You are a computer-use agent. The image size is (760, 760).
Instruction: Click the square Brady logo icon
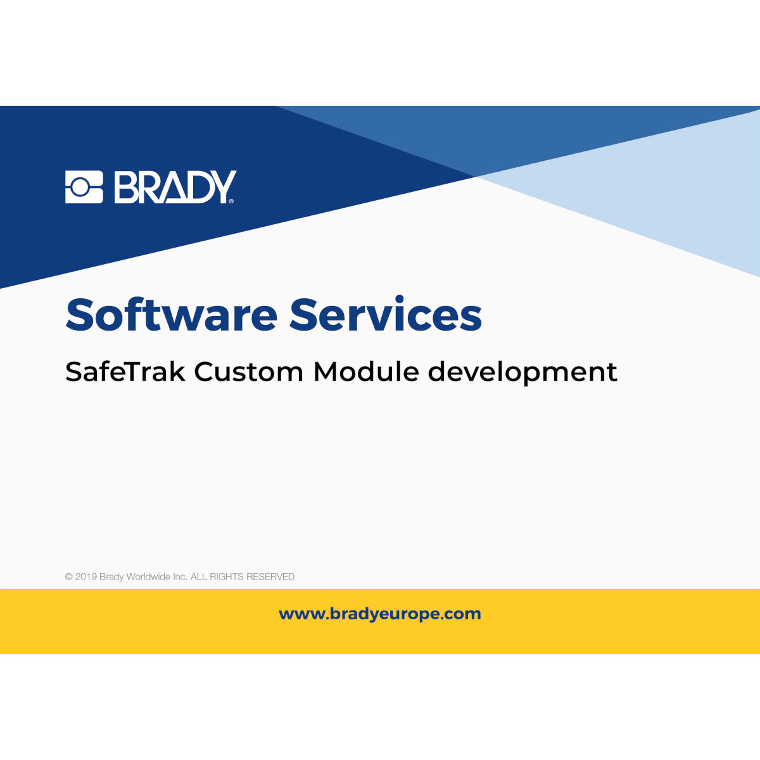[84, 187]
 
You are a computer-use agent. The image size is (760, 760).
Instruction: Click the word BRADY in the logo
[174, 187]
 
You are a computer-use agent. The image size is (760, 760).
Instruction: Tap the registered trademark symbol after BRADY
[231, 201]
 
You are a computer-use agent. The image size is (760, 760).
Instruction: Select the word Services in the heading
[386, 315]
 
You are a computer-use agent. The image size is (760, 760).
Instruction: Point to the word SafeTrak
[125, 371]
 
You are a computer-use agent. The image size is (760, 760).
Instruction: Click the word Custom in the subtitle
[249, 371]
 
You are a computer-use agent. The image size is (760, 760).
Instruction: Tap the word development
[522, 372]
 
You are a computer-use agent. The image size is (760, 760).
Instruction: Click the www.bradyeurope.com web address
[380, 614]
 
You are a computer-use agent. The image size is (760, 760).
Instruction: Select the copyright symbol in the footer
[69, 577]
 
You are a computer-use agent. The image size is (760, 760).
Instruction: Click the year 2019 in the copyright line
[85, 577]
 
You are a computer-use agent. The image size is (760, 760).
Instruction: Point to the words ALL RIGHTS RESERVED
[243, 577]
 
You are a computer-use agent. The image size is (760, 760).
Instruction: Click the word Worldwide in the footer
[148, 577]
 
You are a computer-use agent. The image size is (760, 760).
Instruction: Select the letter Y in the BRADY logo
[222, 187]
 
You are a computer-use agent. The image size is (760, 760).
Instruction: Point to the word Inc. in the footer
[180, 577]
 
